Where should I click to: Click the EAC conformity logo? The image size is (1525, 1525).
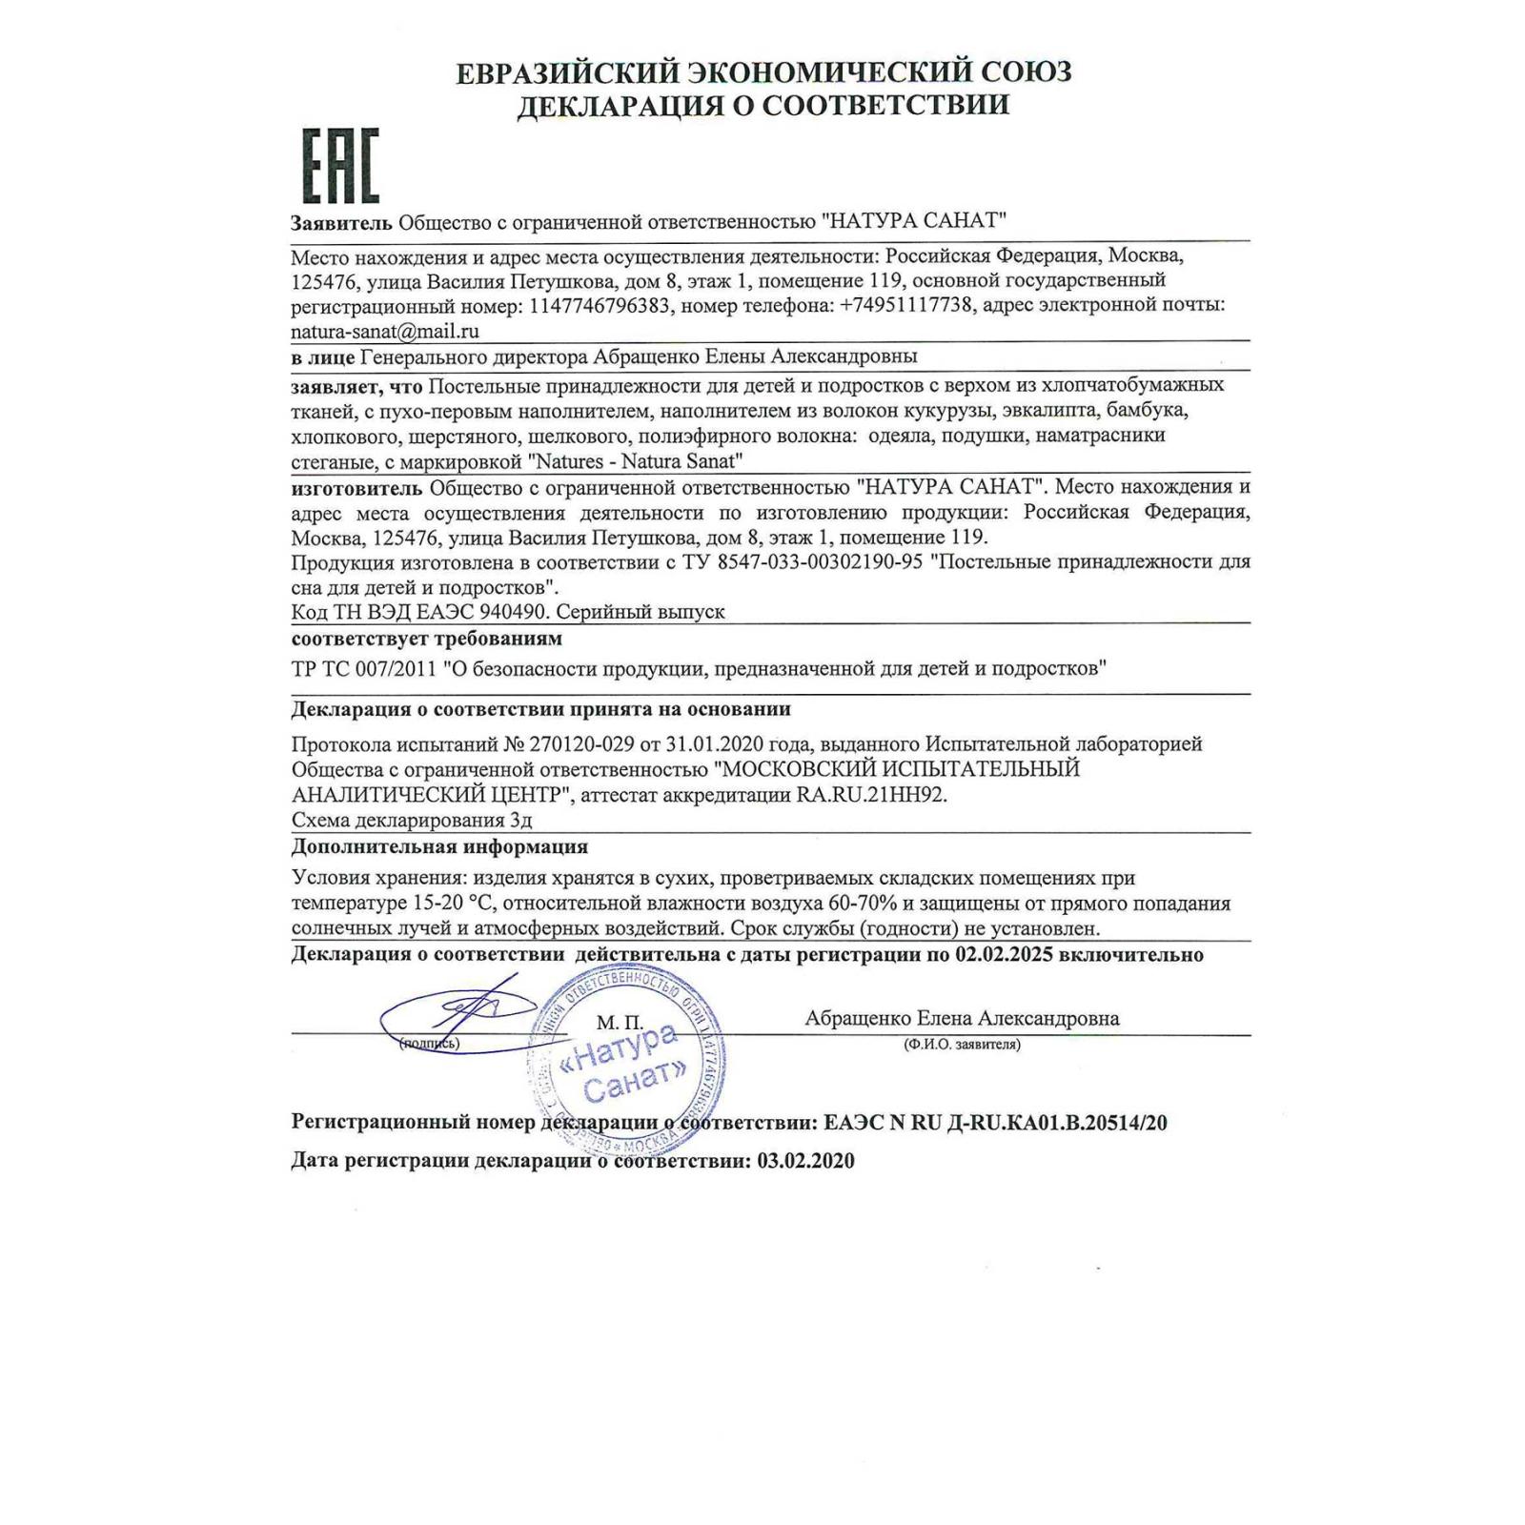tap(340, 166)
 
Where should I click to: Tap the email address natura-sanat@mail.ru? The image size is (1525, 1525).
tap(385, 331)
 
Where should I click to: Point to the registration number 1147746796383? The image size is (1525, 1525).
tap(600, 305)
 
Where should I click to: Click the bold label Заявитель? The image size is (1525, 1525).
tap(341, 222)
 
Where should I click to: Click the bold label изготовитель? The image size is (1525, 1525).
tap(356, 488)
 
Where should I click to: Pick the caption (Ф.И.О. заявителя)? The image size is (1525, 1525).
tap(962, 1045)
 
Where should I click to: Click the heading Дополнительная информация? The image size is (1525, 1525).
tap(439, 846)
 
